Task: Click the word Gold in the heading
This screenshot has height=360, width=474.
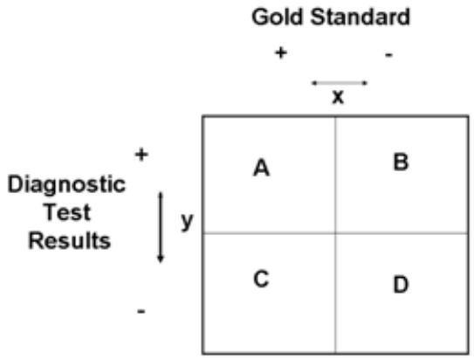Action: (277, 17)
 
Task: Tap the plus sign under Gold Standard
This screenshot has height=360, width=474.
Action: (281, 53)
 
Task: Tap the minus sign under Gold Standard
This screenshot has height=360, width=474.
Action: (388, 55)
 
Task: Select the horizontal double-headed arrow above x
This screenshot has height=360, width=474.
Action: (340, 83)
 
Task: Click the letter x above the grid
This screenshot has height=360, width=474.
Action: (338, 97)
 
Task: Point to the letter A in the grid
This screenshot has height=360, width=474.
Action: (262, 168)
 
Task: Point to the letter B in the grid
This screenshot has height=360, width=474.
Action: (401, 163)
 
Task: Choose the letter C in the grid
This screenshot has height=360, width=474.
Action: (261, 279)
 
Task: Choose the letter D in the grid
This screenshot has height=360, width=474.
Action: (401, 285)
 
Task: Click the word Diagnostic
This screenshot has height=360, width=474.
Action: (66, 185)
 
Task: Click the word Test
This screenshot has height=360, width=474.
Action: (67, 212)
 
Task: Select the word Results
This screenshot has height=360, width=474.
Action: (70, 241)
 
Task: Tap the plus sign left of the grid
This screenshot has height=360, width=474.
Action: (141, 155)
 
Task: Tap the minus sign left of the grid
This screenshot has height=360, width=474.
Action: (141, 311)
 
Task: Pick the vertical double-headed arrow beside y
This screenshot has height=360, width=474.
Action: (161, 227)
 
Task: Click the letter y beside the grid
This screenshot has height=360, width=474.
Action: (187, 221)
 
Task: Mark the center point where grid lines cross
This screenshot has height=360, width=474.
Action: (335, 233)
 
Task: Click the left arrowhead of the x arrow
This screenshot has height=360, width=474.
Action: (313, 83)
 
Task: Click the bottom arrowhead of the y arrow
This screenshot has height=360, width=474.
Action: (161, 260)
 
